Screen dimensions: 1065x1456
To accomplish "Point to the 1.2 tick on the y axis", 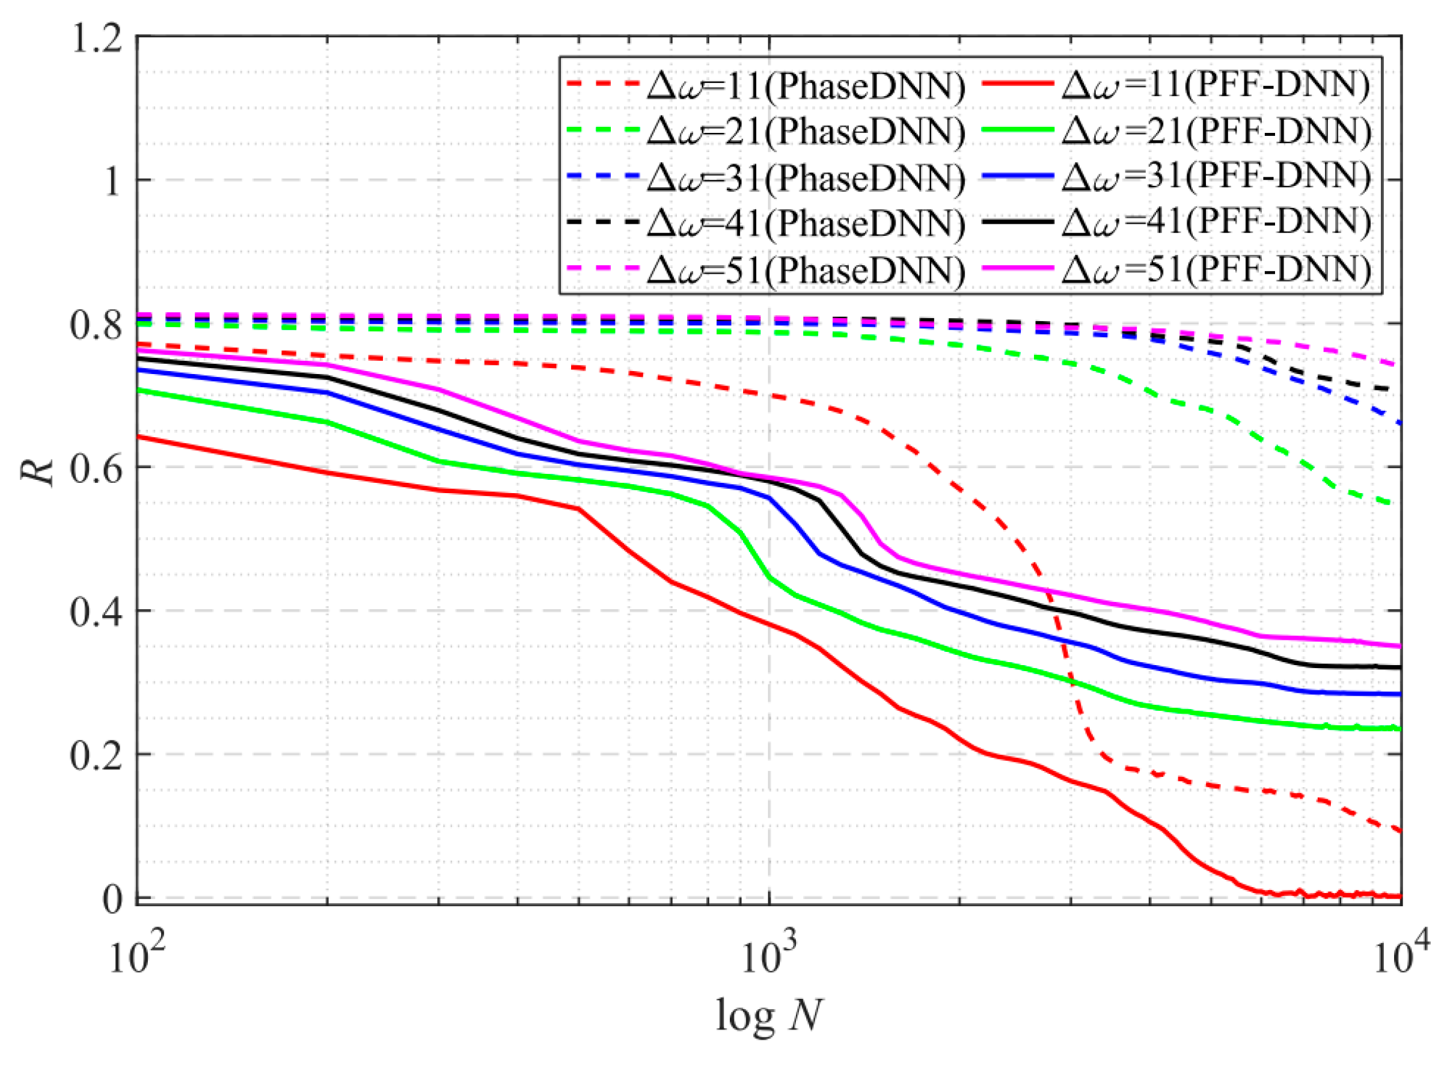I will tap(97, 38).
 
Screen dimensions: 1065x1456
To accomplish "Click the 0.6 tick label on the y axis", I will tap(97, 468).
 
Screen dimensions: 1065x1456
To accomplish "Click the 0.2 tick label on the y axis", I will tap(97, 755).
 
